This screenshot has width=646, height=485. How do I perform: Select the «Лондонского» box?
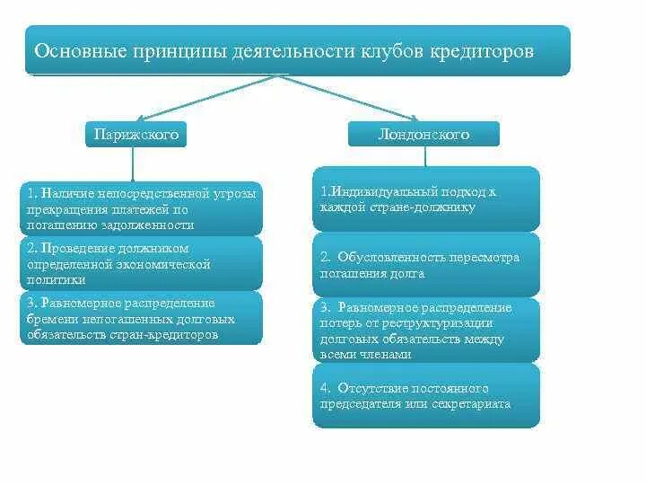[423, 135]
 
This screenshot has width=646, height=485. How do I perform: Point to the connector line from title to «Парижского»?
[206, 98]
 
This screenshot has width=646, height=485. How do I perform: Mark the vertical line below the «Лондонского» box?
[425, 156]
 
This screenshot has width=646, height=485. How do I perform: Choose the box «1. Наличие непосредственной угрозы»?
[141, 208]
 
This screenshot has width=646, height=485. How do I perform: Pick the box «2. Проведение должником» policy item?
[141, 262]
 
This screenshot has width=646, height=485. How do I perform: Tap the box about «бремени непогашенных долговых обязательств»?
[141, 318]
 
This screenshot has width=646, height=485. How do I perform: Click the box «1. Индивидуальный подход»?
[426, 198]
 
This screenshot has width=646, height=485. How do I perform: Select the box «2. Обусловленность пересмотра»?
[426, 265]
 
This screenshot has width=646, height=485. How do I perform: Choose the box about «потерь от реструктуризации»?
[426, 330]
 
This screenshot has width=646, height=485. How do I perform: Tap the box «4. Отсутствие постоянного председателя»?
[426, 395]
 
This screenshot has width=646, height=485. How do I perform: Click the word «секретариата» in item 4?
[475, 404]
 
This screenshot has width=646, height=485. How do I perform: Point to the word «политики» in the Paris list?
[52, 279]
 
